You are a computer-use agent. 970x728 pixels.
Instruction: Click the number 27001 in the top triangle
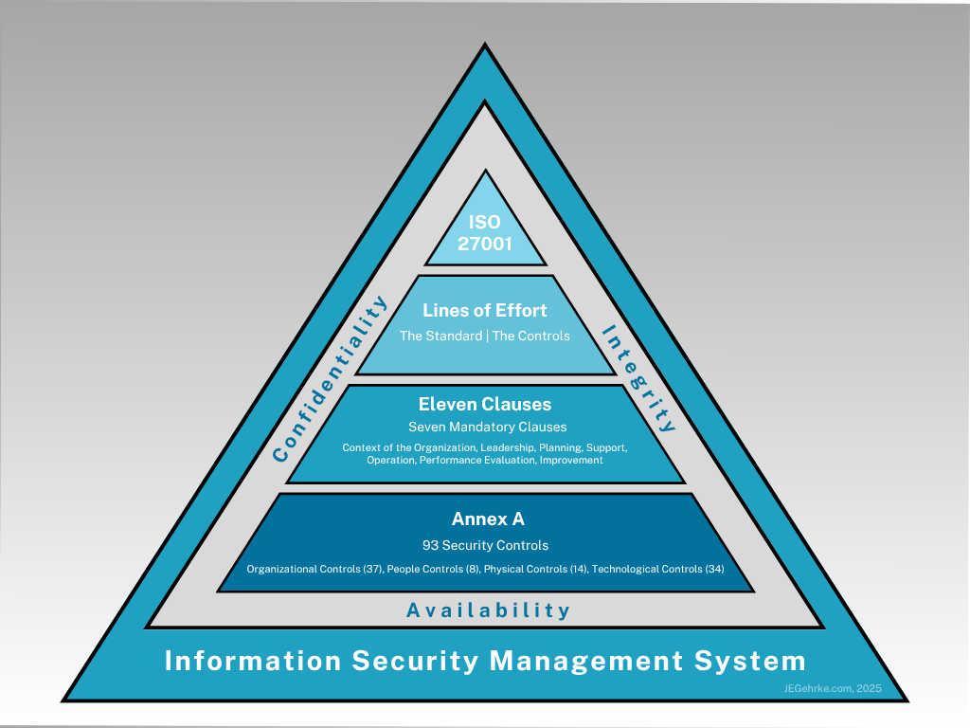(485, 244)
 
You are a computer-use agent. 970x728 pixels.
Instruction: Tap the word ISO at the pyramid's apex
(485, 224)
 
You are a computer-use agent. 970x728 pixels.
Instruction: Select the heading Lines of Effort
(485, 310)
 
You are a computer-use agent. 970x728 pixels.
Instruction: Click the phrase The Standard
(440, 336)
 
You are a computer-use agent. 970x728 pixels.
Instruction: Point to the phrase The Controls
(530, 336)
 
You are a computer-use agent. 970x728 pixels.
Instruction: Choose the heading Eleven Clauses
(485, 405)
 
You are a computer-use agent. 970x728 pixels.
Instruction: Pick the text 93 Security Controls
(485, 545)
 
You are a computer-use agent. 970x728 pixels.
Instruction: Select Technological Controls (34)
(657, 570)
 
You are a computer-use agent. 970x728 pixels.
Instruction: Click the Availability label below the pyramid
(488, 610)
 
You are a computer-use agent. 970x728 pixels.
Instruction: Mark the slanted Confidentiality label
(331, 379)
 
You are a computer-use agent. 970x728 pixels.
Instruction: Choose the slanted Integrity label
(638, 378)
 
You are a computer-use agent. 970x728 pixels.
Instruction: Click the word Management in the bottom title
(573, 661)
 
